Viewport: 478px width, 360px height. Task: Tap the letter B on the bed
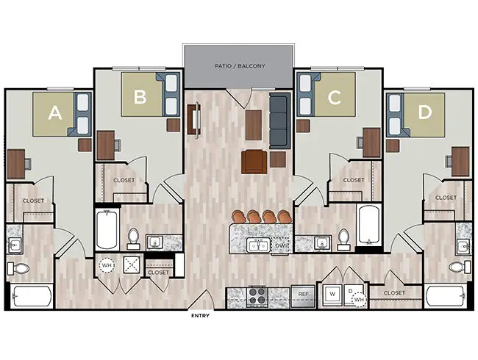click(x=139, y=95)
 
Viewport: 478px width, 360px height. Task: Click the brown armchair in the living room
click(x=253, y=161)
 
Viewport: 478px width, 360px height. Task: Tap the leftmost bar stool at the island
click(x=240, y=217)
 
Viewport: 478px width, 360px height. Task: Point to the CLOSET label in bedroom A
click(x=33, y=201)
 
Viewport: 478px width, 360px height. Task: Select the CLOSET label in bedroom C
click(x=353, y=180)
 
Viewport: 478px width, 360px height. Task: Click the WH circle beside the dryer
click(x=360, y=298)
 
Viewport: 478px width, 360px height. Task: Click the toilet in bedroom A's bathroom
click(x=20, y=267)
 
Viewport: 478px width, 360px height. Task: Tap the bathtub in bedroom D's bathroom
click(x=445, y=298)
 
